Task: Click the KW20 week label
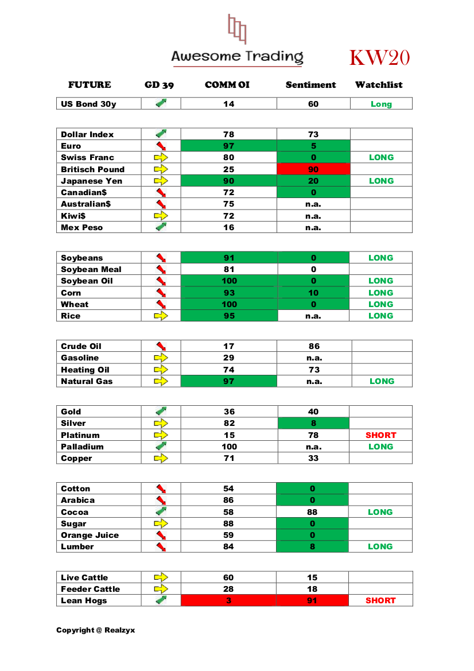pyautogui.click(x=379, y=58)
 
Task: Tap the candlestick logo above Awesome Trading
pyautogui.click(x=237, y=29)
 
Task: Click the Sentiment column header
pyautogui.click(x=310, y=85)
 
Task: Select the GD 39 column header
pyautogui.click(x=159, y=85)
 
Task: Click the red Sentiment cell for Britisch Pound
pyautogui.click(x=313, y=169)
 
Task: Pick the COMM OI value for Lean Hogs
pyautogui.click(x=228, y=601)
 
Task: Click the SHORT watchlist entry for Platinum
pyautogui.click(x=380, y=435)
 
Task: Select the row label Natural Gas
pyautogui.click(x=87, y=381)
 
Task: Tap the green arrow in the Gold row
pyautogui.click(x=161, y=411)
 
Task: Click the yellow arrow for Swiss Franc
pyautogui.click(x=161, y=157)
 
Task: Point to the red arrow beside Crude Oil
pyautogui.click(x=161, y=346)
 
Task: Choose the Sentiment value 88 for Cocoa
pyautogui.click(x=313, y=512)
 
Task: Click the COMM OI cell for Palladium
pyautogui.click(x=228, y=447)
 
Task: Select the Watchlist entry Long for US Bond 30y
pyautogui.click(x=381, y=104)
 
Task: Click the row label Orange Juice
pyautogui.click(x=90, y=535)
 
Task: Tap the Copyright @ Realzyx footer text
pyautogui.click(x=95, y=630)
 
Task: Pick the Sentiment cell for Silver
pyautogui.click(x=313, y=424)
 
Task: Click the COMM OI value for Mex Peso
pyautogui.click(x=228, y=227)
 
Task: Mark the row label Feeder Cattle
pyautogui.click(x=90, y=589)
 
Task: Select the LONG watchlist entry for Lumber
pyautogui.click(x=380, y=546)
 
